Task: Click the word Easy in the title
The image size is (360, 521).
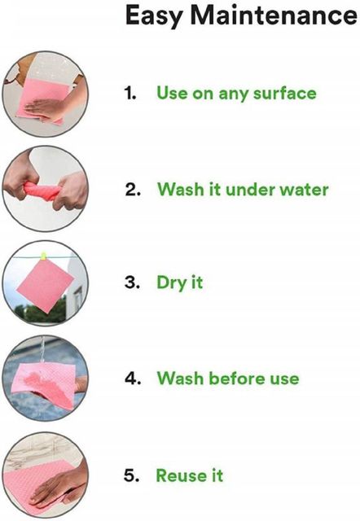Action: point(154,16)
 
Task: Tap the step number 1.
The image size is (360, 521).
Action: point(130,93)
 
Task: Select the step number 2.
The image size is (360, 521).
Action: point(133,190)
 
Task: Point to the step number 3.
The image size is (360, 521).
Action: point(132,282)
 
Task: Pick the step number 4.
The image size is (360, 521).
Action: point(133,378)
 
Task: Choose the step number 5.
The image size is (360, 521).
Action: point(131,475)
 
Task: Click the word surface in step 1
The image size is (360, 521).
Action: point(285,93)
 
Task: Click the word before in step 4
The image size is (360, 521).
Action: point(237,378)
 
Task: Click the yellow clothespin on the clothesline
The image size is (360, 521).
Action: point(43,256)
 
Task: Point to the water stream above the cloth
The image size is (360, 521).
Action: point(42,350)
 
